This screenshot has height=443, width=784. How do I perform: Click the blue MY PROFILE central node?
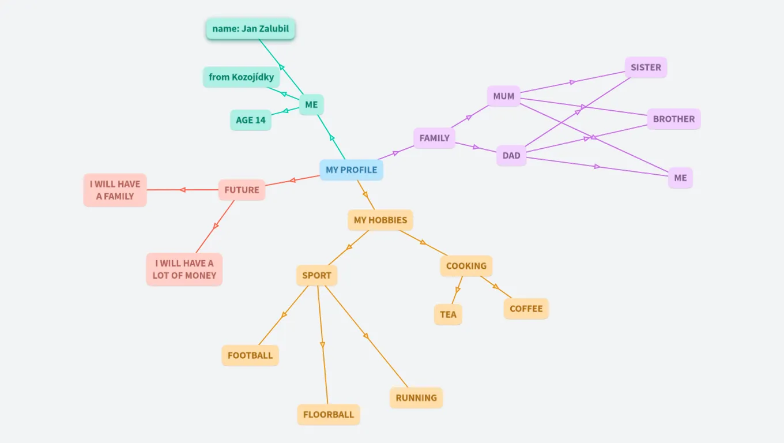(x=351, y=170)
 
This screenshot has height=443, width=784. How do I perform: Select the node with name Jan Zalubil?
(x=250, y=29)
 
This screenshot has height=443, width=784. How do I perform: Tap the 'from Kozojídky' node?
(x=241, y=77)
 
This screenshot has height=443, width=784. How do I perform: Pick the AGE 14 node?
(x=251, y=120)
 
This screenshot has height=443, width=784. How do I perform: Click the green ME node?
(x=311, y=104)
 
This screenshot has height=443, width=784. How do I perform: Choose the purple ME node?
(x=680, y=178)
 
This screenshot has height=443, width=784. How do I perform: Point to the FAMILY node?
(x=434, y=138)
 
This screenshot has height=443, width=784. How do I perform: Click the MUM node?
(x=503, y=96)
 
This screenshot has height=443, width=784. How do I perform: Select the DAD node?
(x=511, y=155)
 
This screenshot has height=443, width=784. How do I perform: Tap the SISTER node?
(x=646, y=67)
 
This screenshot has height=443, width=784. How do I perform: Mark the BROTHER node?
(x=673, y=119)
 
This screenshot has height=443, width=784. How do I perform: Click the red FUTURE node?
(x=242, y=190)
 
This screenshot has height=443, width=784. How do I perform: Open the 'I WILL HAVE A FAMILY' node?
(x=115, y=190)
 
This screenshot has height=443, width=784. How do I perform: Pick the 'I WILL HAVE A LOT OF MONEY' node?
(x=184, y=269)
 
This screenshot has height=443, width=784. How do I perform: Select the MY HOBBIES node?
(x=380, y=220)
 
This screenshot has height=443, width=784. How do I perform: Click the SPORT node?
(x=316, y=275)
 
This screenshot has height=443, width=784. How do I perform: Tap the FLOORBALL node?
(x=328, y=414)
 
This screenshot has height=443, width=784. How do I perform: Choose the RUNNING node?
(x=416, y=397)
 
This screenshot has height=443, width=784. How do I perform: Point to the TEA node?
(x=448, y=314)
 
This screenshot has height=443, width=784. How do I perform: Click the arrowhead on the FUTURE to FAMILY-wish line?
(x=183, y=190)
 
